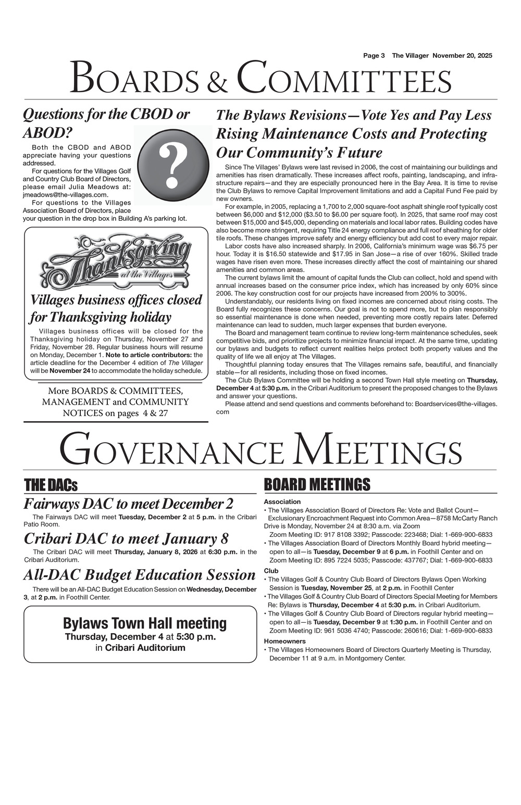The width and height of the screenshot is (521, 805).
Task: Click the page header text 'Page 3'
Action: [x=374, y=56]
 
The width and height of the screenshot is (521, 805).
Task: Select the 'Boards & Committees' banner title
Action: [x=260, y=78]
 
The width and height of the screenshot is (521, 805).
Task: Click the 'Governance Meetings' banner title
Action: [x=260, y=449]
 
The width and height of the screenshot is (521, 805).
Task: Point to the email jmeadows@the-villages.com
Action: [x=66, y=194]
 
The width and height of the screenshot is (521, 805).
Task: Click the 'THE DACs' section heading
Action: [x=51, y=485]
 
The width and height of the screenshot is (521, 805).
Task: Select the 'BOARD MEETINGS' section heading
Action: [x=317, y=485]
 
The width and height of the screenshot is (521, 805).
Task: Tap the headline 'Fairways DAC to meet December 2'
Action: [x=129, y=504]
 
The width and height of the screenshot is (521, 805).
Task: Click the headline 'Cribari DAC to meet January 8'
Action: [x=126, y=538]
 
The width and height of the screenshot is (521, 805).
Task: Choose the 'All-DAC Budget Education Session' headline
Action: [x=140, y=575]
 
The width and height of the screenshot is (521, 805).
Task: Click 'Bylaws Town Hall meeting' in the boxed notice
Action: [x=145, y=623]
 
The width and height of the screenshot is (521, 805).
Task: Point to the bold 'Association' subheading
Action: [x=282, y=501]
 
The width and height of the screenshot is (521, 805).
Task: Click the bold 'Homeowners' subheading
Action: [x=285, y=641]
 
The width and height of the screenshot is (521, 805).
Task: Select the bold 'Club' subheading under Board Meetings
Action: [x=271, y=571]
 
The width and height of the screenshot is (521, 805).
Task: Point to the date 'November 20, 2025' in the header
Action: [x=463, y=56]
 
